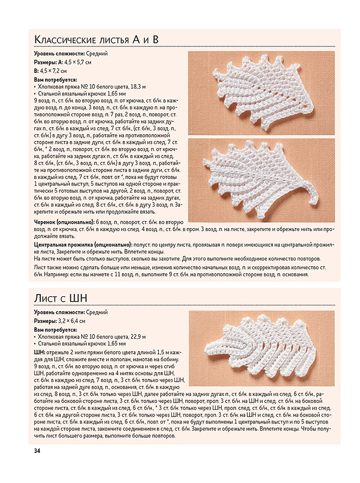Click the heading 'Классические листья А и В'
(97, 40)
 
